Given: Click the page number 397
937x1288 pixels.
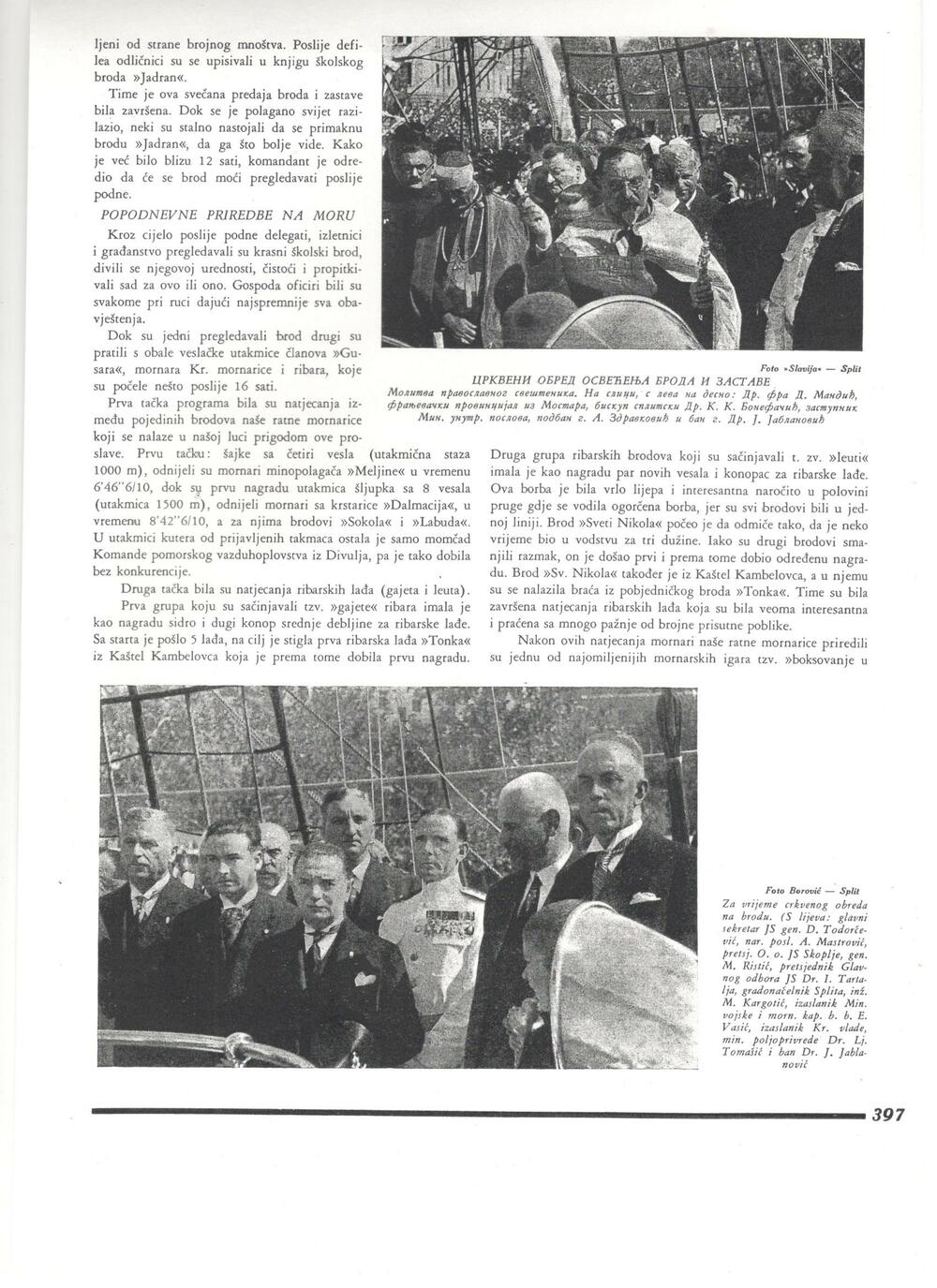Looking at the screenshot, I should coord(887,1115).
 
